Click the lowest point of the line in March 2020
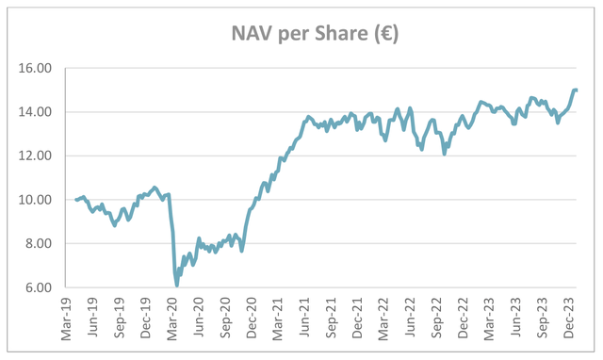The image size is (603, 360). tap(176, 285)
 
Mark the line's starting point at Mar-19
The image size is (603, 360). tap(76, 200)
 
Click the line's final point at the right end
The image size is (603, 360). tap(577, 90)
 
